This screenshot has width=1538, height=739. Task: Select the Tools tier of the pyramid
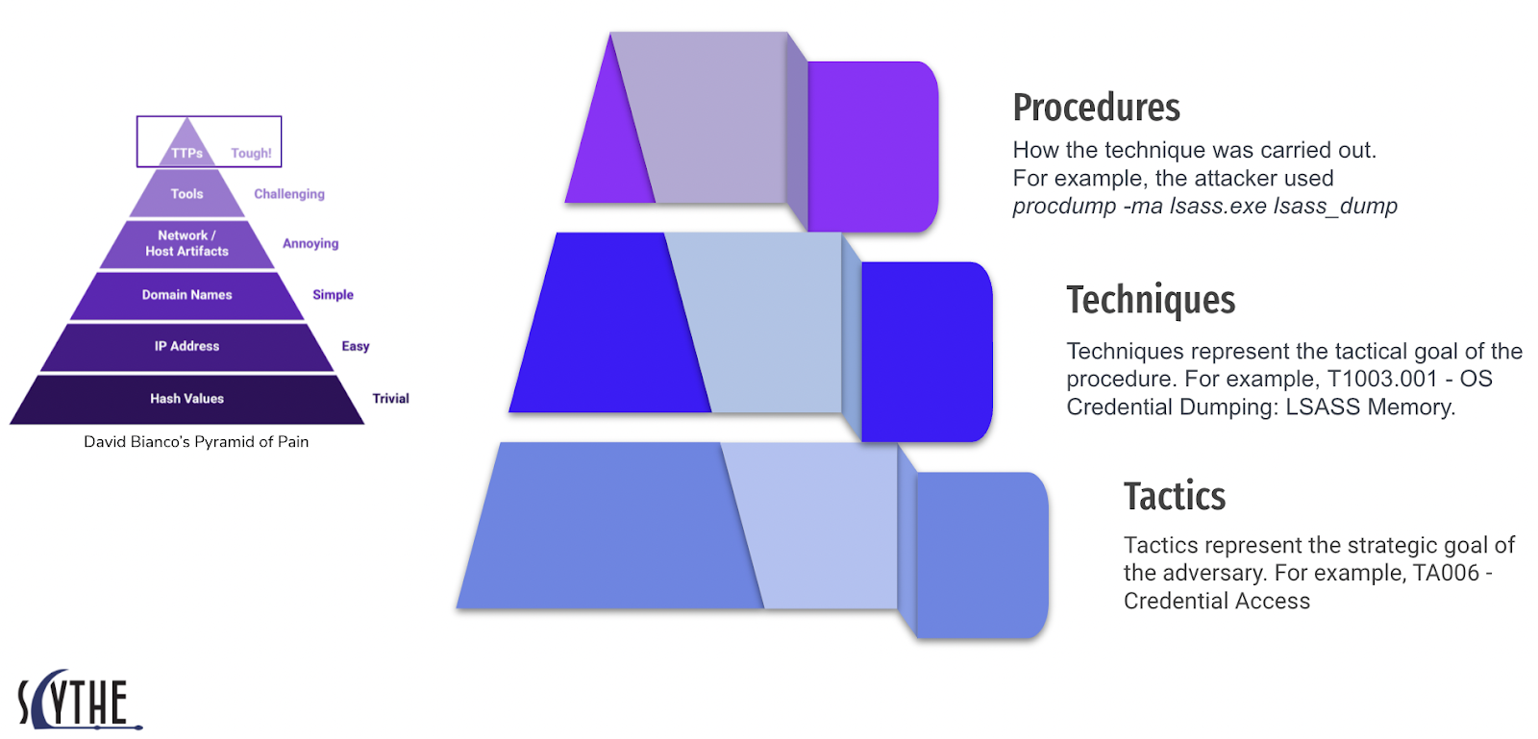pos(186,193)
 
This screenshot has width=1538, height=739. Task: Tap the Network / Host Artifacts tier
pos(186,243)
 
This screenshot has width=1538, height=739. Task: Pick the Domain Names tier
pos(186,295)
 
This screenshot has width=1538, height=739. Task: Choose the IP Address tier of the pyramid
pos(186,347)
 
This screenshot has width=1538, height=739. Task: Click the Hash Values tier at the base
pos(186,399)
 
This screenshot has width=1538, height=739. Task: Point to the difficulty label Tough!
pos(251,153)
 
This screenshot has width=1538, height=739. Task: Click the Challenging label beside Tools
pos(289,194)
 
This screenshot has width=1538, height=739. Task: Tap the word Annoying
pos(310,243)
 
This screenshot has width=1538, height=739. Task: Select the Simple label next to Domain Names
pos(333,295)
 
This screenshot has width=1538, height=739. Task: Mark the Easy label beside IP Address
pos(356,347)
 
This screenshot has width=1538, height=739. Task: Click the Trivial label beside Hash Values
pos(390,399)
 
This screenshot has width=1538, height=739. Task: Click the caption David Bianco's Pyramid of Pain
pos(196,442)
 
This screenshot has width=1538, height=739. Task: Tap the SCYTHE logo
pos(80,700)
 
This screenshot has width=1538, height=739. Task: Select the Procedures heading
pos(1097,108)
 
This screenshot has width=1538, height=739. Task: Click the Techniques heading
pos(1151,300)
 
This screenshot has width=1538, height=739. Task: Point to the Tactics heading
pos(1175,496)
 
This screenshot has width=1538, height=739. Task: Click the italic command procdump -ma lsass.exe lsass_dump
pos(1205,207)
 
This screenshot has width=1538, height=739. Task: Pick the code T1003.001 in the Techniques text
pos(1382,379)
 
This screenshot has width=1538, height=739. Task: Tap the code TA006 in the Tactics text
pos(1446,573)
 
